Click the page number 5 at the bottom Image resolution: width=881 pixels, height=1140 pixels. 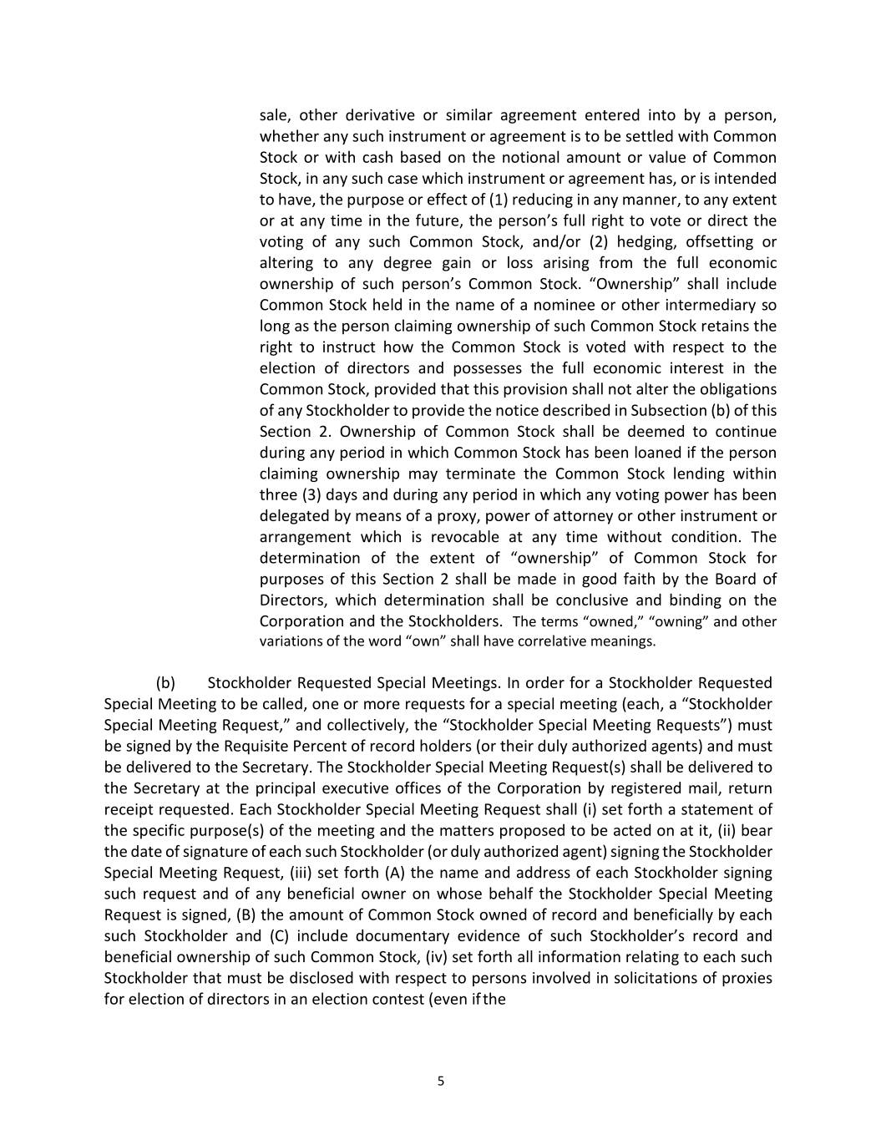(x=441, y=1082)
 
